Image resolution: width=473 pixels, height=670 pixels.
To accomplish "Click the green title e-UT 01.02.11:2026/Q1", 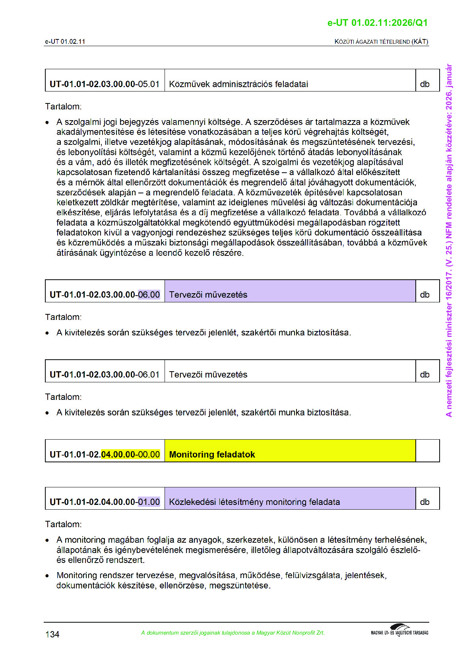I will pyautogui.click(x=377, y=23).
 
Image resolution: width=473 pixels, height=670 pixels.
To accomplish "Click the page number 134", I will pyautogui.click(x=52, y=634).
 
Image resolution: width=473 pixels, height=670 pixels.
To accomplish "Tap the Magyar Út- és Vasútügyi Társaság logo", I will pyautogui.click(x=399, y=631).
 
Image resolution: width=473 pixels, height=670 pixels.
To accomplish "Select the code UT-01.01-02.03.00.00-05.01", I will pyautogui.click(x=105, y=84).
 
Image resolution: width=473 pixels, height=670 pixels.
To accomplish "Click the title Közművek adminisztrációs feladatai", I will pyautogui.click(x=238, y=84).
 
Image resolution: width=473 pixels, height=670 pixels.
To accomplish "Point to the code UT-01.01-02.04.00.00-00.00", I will pyautogui.click(x=105, y=454).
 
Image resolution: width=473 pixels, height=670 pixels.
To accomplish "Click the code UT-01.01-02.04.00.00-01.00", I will pyautogui.click(x=105, y=502).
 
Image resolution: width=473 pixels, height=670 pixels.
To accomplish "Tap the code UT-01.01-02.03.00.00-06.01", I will pyautogui.click(x=105, y=375).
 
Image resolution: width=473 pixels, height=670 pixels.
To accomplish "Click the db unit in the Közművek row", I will pyautogui.click(x=425, y=84).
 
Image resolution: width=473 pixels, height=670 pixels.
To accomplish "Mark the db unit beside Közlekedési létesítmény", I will pyautogui.click(x=425, y=502).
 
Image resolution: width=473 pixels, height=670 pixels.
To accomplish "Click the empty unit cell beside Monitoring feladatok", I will pyautogui.click(x=427, y=451).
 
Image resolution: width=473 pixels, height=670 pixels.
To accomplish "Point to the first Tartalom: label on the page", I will pyautogui.click(x=63, y=107).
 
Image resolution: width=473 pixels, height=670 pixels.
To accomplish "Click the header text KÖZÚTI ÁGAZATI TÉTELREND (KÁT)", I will pyautogui.click(x=381, y=41).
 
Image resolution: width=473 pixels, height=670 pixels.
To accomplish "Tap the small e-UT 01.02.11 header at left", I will pyautogui.click(x=65, y=41).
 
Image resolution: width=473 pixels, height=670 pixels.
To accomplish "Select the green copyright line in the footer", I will pyautogui.click(x=233, y=633).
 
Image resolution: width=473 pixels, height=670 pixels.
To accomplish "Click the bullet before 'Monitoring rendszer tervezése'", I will pyautogui.click(x=47, y=576).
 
